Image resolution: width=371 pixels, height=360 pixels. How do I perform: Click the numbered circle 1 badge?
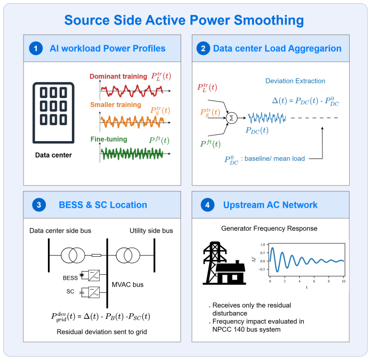tap(36, 48)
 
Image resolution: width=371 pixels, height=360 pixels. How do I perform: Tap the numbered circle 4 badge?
tap(207, 204)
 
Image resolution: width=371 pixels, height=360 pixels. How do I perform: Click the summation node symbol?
tap(231, 118)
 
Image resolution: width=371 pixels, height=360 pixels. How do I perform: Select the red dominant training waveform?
tap(132, 91)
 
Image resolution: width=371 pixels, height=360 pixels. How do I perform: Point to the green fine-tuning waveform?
tap(132, 154)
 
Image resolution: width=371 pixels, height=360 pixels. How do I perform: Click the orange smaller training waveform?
tap(132, 122)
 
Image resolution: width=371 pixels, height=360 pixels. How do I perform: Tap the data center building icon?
tap(53, 113)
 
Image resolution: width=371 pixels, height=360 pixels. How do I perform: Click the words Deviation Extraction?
tap(295, 81)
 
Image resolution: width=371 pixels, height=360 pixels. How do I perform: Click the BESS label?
tap(70, 278)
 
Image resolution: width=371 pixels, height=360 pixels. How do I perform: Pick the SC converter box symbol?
tap(94, 292)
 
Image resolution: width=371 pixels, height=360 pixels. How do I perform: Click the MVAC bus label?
tap(127, 284)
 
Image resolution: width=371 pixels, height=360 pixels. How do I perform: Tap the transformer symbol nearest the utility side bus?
tap(128, 255)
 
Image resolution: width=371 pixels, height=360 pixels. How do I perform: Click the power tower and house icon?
tap(224, 263)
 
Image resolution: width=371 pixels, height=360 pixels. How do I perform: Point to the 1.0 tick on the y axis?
tap(263, 244)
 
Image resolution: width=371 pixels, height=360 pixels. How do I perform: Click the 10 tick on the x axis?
tap(344, 281)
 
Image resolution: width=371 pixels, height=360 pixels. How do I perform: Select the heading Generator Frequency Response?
tap(269, 228)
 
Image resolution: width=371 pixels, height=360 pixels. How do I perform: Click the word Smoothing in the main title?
tap(269, 20)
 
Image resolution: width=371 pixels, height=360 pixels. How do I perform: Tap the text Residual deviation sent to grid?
tap(102, 332)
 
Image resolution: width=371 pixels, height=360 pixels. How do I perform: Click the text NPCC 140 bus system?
tap(246, 330)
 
